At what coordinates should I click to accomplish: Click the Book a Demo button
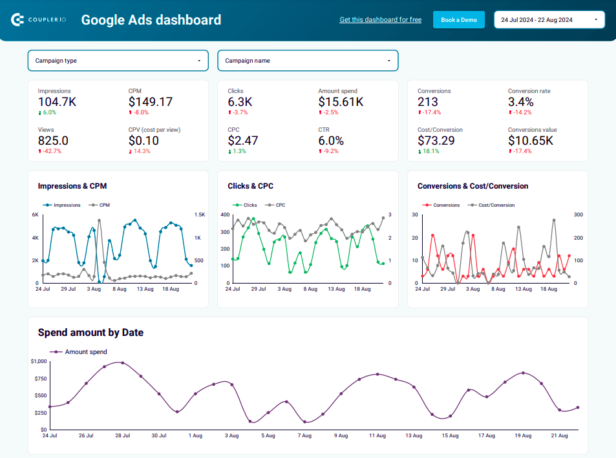coord(458,20)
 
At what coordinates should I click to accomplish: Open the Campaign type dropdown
coord(118,61)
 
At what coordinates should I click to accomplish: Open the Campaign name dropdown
coord(308,61)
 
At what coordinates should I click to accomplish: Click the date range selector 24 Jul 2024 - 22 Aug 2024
coord(549,20)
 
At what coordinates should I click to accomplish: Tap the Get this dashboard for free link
coord(380,20)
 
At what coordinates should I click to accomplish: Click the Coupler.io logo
coord(38,20)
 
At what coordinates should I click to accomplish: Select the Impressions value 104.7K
coord(57,102)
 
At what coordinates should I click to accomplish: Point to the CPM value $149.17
coord(150,102)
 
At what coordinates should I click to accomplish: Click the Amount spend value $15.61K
coord(340,102)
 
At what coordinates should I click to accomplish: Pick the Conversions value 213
coord(428,102)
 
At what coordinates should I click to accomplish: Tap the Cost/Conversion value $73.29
coord(436,141)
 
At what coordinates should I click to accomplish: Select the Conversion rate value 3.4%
coord(521,102)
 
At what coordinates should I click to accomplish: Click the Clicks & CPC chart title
coord(250,186)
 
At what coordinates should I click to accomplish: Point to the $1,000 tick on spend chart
coord(39,362)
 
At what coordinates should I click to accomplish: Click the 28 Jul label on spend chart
coord(122,436)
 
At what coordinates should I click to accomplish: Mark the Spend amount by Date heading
coord(90,333)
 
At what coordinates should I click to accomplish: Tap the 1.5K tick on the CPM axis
coord(200,215)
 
